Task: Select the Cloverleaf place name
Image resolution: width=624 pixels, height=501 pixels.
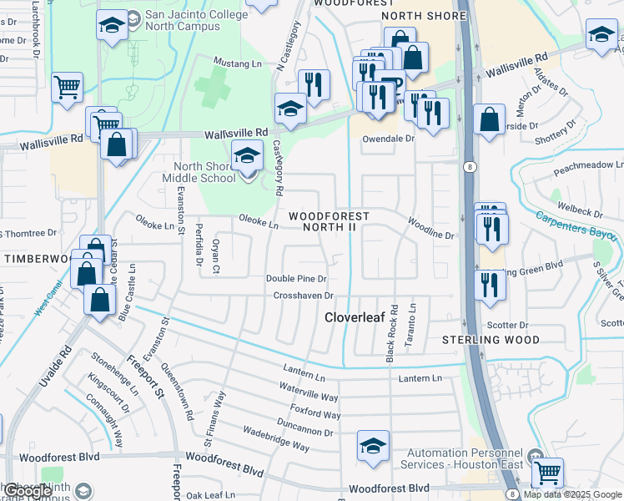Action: pyautogui.click(x=353, y=318)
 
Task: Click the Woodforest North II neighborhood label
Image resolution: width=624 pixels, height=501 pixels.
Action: pyautogui.click(x=328, y=221)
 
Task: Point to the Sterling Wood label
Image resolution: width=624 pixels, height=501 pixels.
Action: pyautogui.click(x=491, y=340)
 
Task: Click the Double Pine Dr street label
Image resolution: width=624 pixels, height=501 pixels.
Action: pyautogui.click(x=295, y=278)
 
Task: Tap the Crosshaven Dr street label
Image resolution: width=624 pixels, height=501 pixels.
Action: pyautogui.click(x=304, y=296)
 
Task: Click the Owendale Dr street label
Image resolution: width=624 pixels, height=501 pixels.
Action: pyautogui.click(x=387, y=139)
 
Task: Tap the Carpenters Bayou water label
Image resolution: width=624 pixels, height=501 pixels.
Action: pyautogui.click(x=577, y=221)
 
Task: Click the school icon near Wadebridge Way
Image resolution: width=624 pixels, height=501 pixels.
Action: pyautogui.click(x=373, y=445)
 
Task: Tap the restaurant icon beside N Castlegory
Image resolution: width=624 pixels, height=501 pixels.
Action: pyautogui.click(x=314, y=84)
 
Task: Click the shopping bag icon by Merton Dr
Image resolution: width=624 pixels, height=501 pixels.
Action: pyautogui.click(x=489, y=119)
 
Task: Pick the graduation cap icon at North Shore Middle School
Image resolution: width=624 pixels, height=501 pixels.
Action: pyautogui.click(x=247, y=156)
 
